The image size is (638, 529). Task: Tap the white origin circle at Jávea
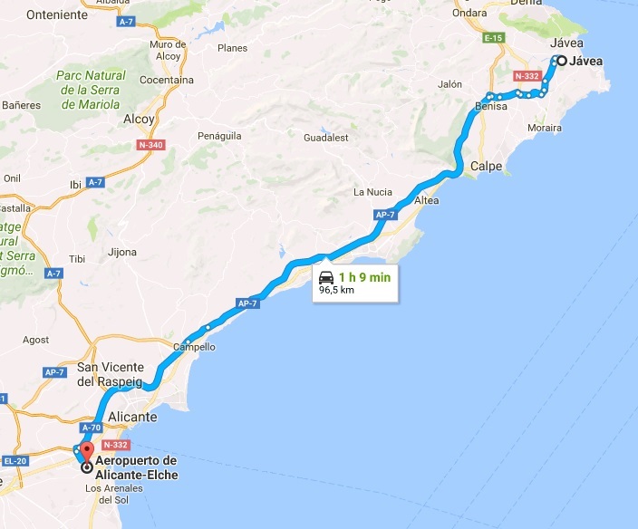[x=562, y=62]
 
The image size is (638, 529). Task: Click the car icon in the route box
[x=325, y=278]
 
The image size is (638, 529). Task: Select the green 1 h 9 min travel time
[x=366, y=277]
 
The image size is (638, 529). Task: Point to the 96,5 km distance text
[x=336, y=292]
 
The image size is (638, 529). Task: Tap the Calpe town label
[x=487, y=166]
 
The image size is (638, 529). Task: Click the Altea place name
[x=427, y=200]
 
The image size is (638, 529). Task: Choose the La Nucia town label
[x=372, y=192]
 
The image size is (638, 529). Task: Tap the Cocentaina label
[x=167, y=81]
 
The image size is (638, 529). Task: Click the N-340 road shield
[x=150, y=144]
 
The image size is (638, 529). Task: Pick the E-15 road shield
[x=494, y=38]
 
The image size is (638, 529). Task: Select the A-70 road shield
[x=91, y=428]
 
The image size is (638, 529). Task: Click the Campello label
[x=195, y=347]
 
